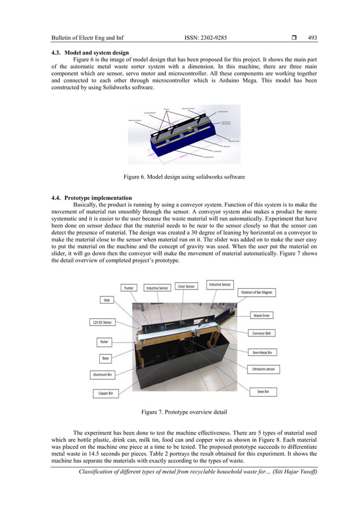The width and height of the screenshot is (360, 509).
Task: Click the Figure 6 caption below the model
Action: coord(184,177)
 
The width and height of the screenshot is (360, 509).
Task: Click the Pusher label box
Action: coord(129,288)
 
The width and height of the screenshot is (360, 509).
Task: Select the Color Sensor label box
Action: coord(186,287)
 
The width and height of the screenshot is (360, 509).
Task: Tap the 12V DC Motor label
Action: coord(103,322)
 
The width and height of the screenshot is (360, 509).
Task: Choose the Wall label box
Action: coord(107,300)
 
